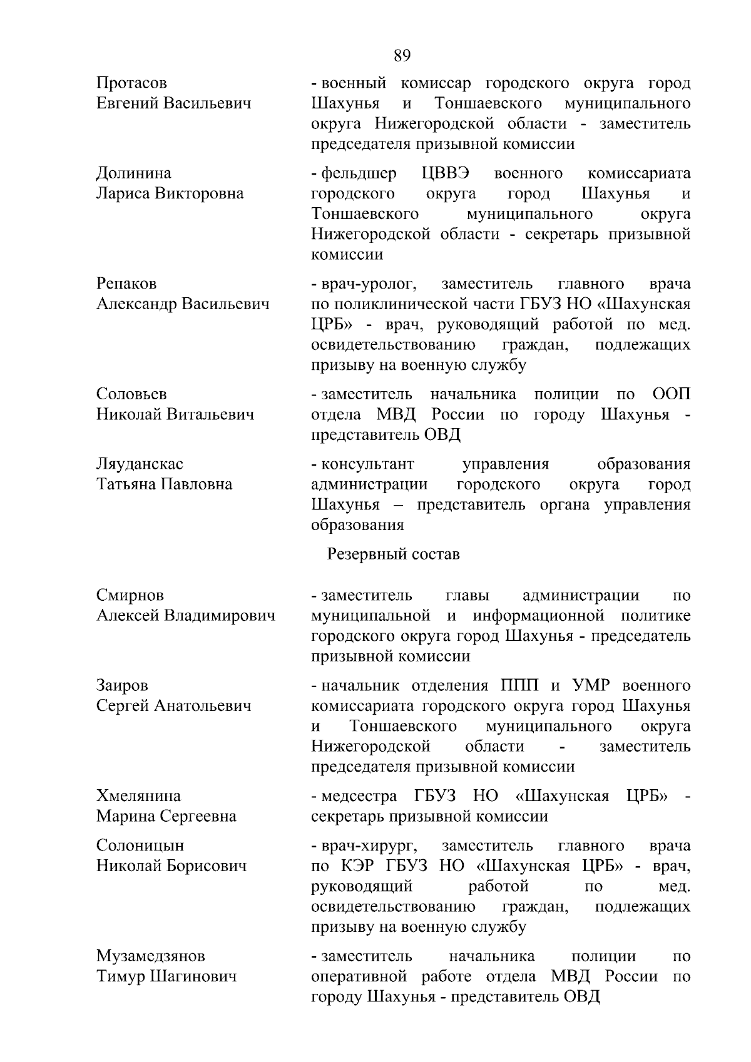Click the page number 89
click(x=402, y=56)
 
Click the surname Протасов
click(x=131, y=83)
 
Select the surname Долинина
click(x=133, y=173)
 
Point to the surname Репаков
click(x=126, y=284)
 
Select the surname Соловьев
click(x=131, y=394)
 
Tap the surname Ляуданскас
click(x=140, y=464)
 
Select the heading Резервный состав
click(x=394, y=554)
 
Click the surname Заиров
click(x=122, y=686)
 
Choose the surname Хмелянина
click(x=138, y=796)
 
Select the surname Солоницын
click(x=140, y=845)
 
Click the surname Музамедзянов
click(x=150, y=956)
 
